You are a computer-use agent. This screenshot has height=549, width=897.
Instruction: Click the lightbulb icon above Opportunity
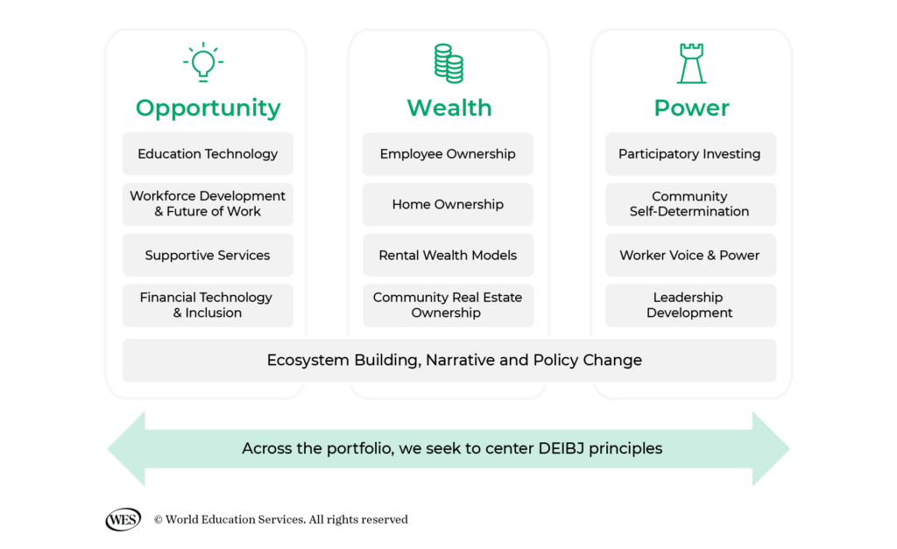pos(203,63)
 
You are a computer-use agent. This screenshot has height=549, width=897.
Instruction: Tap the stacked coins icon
pos(448,63)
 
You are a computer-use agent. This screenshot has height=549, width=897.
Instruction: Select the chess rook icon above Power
pos(691,64)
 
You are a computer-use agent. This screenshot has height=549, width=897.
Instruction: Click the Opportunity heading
pos(208,108)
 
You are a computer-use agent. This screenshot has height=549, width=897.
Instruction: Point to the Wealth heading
pos(448,108)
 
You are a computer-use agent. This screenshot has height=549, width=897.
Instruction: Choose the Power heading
pos(691,108)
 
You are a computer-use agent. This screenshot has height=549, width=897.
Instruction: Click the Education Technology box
pos(208,154)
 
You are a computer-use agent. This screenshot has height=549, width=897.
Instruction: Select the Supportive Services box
pos(208,256)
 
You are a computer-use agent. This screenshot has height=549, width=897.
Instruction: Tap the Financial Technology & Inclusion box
pos(208,305)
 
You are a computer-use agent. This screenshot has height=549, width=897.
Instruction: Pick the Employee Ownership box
pos(448,154)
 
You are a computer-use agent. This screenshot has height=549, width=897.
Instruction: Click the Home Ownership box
pos(448,205)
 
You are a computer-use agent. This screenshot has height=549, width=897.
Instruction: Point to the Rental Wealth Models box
pos(448,256)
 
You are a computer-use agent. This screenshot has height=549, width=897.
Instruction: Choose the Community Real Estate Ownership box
pos(448,305)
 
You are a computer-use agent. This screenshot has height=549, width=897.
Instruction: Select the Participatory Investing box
pos(690,154)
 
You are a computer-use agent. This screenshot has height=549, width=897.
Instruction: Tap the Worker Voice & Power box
pos(690,256)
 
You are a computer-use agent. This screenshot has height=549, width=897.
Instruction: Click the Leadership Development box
pos(690,305)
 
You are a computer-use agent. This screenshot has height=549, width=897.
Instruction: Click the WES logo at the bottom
pos(123,519)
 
